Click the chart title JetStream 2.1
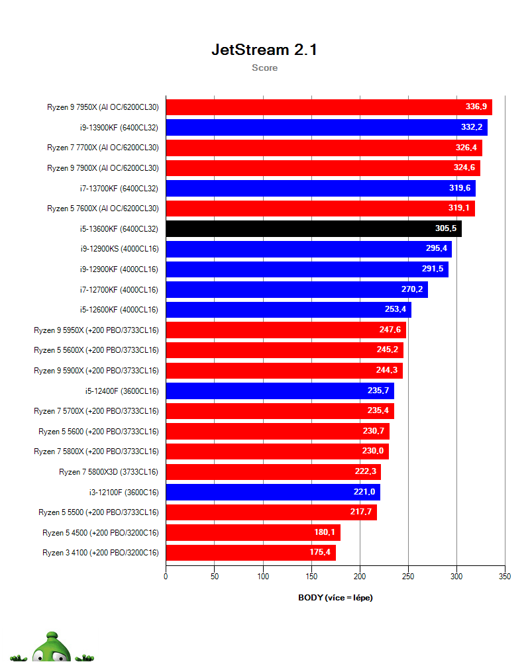click(x=264, y=50)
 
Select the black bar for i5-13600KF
click(x=313, y=228)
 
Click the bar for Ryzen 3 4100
click(x=250, y=553)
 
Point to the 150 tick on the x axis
click(x=311, y=577)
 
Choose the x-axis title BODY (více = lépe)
click(x=335, y=598)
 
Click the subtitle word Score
click(x=264, y=68)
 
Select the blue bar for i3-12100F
click(x=272, y=492)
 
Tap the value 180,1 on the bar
click(x=326, y=532)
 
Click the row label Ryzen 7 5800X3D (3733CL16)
click(x=109, y=471)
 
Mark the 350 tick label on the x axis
click(x=505, y=577)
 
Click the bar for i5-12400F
click(x=280, y=391)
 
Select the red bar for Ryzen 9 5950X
click(x=286, y=330)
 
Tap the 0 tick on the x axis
click(x=166, y=577)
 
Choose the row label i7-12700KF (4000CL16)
click(x=118, y=289)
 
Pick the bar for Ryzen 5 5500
click(x=271, y=512)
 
